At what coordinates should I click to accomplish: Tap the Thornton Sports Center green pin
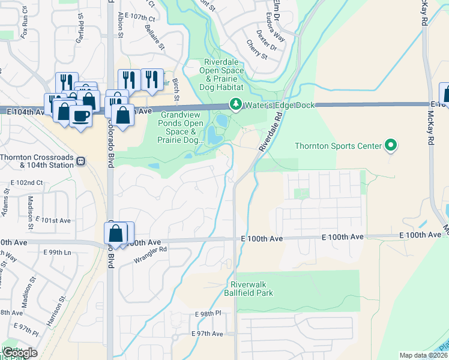(x=391, y=145)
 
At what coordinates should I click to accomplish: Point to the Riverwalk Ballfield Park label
(x=252, y=289)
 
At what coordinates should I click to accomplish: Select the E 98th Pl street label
(x=208, y=314)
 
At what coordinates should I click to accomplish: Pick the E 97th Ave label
(x=207, y=334)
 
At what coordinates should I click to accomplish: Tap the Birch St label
(x=176, y=90)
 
